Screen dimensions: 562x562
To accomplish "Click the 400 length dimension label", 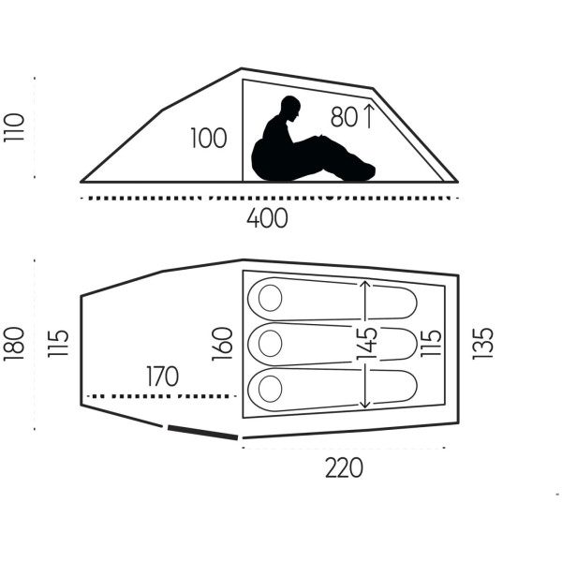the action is click(x=267, y=218).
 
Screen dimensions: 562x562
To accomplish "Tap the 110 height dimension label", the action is click(x=14, y=127).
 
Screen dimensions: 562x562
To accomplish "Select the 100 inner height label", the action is click(x=208, y=138).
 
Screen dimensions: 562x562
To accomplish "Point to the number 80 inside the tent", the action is click(x=344, y=117).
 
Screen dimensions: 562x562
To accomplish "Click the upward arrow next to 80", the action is click(x=369, y=115).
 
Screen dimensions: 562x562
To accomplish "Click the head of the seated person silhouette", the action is click(x=290, y=109).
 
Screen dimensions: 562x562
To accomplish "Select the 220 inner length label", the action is click(x=344, y=467).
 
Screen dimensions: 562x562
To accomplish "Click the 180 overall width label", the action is click(x=14, y=344).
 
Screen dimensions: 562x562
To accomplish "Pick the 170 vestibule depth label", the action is click(x=162, y=376).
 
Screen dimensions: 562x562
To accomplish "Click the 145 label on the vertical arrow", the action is click(x=367, y=344).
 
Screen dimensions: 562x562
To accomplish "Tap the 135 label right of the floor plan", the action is click(x=483, y=344).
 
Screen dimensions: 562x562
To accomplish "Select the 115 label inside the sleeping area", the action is click(x=431, y=343).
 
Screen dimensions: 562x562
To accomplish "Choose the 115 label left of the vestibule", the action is click(x=58, y=343).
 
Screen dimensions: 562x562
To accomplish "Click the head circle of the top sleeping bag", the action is click(x=271, y=298).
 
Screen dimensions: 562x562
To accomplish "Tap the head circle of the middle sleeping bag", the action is click(x=271, y=344).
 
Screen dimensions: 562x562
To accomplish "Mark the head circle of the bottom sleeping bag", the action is click(x=271, y=389).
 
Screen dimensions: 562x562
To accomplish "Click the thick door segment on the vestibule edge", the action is click(x=203, y=432).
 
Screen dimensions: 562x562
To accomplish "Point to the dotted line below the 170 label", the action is click(x=162, y=396).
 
